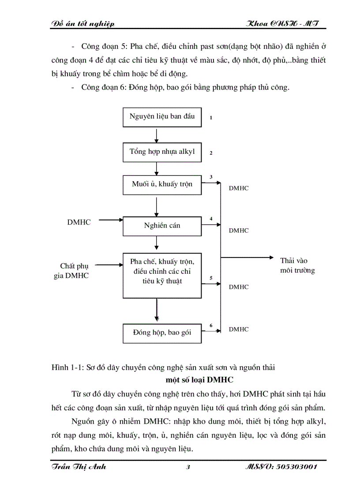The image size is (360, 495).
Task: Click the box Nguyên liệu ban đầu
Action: click(162, 117)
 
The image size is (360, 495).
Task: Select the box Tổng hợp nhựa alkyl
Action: click(162, 152)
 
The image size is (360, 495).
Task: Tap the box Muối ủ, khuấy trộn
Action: click(162, 184)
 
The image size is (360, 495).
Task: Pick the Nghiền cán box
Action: click(162, 226)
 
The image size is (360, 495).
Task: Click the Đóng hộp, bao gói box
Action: click(162, 333)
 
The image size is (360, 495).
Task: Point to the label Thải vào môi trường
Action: click(297, 265)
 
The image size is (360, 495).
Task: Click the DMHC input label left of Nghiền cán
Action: click(79, 222)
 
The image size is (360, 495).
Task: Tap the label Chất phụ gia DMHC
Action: click(74, 271)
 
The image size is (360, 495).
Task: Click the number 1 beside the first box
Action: click(211, 118)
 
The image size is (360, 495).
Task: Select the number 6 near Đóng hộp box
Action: click(211, 325)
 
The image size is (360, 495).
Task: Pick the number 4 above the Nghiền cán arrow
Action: click(211, 219)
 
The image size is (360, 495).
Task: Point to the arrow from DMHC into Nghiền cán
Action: click(110, 219)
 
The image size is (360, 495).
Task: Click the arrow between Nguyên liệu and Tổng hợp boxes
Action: click(157, 135)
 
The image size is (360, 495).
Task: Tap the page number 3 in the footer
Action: click(188, 468)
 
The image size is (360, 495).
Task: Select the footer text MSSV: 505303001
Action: click(281, 468)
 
